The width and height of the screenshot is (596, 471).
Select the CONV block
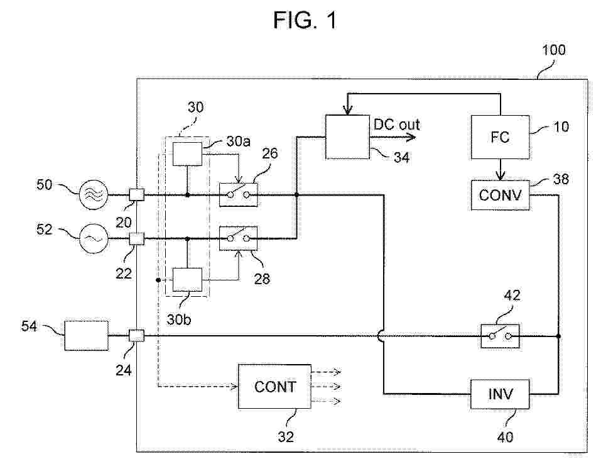tap(500, 194)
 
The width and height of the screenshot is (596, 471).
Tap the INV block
tap(500, 394)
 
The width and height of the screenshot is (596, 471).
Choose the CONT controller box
tap(274, 386)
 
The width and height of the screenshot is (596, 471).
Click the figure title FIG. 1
tap(305, 21)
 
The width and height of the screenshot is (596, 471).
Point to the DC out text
tap(396, 125)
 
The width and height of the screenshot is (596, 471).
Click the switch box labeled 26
tap(237, 195)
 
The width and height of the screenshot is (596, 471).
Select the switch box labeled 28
tap(237, 238)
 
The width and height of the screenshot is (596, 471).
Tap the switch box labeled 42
tap(500, 336)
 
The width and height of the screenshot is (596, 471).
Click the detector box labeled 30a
tap(187, 153)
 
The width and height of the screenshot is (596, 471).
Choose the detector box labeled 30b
tap(187, 279)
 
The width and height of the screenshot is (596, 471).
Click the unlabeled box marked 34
tap(347, 136)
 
